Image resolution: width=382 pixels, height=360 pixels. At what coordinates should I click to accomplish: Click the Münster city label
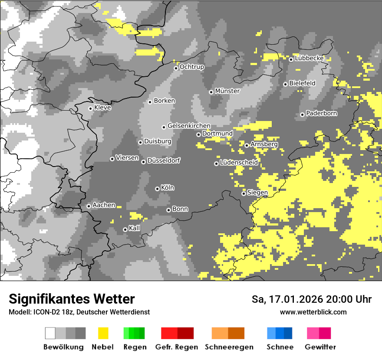(227, 91)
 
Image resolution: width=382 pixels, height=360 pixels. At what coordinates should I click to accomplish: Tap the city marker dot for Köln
(157, 189)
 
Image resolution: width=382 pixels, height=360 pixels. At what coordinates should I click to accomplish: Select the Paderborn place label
(321, 113)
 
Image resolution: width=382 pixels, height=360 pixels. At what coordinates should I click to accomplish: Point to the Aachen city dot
(89, 206)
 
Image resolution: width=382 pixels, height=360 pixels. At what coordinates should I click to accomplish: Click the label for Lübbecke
(309, 58)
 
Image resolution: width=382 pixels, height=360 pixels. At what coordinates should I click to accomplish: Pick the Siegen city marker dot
(244, 193)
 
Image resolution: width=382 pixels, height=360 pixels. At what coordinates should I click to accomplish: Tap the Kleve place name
(102, 108)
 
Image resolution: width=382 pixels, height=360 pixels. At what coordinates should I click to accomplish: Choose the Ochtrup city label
(191, 67)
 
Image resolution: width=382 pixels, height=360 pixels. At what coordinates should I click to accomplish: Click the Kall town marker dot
(125, 229)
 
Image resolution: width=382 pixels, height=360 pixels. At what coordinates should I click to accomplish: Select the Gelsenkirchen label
(189, 126)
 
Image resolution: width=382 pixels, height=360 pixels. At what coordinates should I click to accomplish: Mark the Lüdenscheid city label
(239, 162)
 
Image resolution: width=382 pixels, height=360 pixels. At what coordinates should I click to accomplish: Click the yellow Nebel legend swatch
(103, 333)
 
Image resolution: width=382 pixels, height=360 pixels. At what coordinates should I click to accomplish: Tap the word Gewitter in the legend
(320, 347)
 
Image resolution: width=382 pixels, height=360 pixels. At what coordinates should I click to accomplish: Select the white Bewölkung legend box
(50, 333)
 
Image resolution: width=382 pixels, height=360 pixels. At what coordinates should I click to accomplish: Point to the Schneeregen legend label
(229, 347)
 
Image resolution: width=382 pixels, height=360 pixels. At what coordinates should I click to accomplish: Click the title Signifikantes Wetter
(72, 299)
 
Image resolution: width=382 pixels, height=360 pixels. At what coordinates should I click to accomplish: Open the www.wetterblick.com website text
(313, 312)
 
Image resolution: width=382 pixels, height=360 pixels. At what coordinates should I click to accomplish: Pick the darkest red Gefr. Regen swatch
(185, 333)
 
